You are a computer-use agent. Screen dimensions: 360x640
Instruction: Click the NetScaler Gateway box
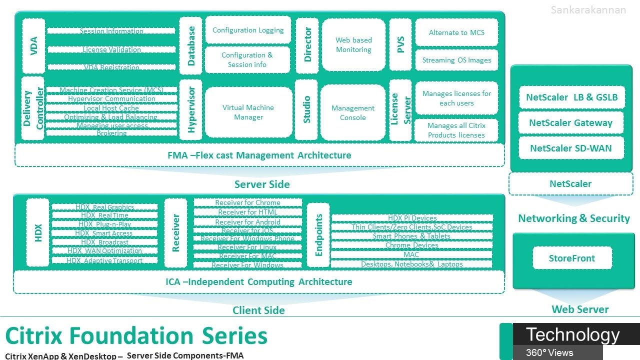coord(570,123)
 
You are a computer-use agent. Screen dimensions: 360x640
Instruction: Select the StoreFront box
coord(572,258)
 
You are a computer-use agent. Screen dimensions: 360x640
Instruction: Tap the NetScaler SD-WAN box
coord(570,148)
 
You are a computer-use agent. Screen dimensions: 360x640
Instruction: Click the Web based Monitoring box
coord(353,45)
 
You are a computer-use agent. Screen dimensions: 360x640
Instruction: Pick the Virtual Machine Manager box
coord(248,112)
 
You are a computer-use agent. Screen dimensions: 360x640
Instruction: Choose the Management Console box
coord(353,113)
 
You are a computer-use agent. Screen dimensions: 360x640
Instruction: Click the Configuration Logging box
coord(248,30)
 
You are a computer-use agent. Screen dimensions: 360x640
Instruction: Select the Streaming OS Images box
coord(456,60)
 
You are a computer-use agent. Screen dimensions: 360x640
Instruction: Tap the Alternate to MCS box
coord(456,32)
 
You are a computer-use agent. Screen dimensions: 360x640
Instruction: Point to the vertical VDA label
coord(34,46)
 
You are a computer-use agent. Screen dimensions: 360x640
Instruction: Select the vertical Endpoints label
coord(318,235)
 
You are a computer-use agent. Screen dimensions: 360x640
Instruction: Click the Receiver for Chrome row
coord(248,202)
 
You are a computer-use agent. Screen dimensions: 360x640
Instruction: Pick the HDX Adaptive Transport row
coord(104,260)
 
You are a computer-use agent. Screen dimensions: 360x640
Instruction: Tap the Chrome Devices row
coord(411,245)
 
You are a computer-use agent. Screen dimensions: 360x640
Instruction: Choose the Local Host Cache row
coord(111,108)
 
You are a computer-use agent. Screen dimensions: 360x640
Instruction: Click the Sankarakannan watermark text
coord(588,10)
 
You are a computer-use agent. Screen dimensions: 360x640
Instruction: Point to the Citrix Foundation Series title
coord(136,335)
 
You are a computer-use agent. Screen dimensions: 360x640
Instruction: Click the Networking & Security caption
coord(574,218)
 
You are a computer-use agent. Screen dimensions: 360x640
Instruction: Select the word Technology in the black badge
coord(572,334)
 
